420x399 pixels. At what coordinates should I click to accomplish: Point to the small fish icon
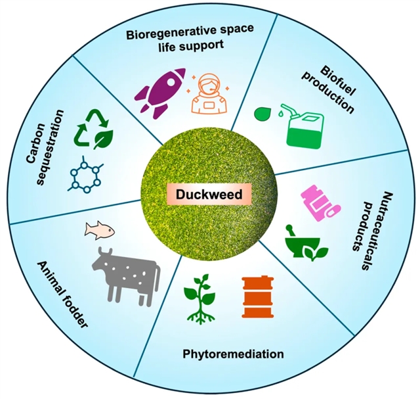coord(100,229)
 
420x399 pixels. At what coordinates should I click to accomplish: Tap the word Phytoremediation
coord(234,354)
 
